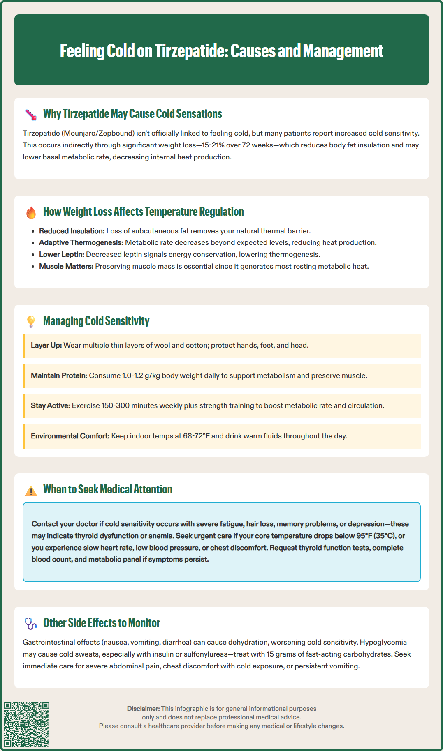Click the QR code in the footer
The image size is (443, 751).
point(27,724)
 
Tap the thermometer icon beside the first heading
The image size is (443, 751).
point(31,115)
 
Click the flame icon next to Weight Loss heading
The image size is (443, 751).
point(31,212)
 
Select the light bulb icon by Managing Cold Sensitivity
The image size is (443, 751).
point(31,321)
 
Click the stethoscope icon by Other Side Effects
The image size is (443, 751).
point(31,624)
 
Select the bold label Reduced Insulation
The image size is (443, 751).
point(72,231)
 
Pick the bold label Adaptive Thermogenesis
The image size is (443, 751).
point(81,242)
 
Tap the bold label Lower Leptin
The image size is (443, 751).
point(61,254)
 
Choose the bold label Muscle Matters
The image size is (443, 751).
point(66,266)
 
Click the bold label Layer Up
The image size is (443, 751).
point(46,345)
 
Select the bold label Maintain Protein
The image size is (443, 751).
point(59,375)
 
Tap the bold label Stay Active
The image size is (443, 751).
point(50,405)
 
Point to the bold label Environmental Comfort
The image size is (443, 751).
point(70,436)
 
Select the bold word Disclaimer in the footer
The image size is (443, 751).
point(143,709)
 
